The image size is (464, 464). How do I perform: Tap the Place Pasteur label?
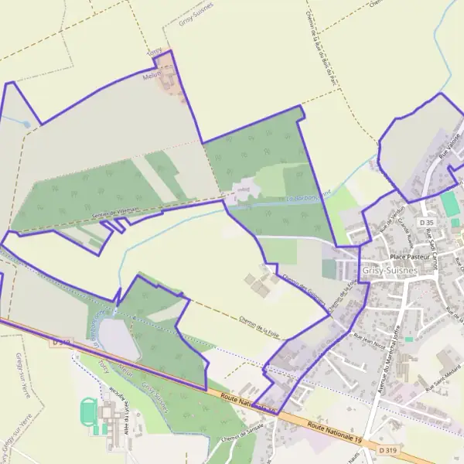point(409,256)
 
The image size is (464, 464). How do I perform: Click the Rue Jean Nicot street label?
point(368,339)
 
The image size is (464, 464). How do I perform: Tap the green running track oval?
point(88,410)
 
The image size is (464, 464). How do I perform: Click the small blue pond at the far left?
point(26,123)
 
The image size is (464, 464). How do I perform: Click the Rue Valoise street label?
point(447,149)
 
